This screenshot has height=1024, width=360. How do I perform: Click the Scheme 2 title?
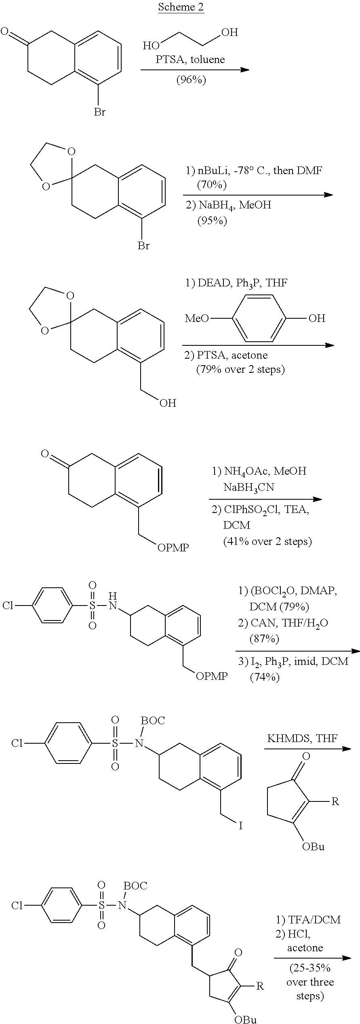[181, 7]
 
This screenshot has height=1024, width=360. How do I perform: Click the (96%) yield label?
[191, 80]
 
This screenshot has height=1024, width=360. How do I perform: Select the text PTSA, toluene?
[190, 59]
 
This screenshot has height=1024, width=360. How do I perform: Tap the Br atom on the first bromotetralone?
[99, 112]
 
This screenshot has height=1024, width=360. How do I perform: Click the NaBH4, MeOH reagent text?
[228, 205]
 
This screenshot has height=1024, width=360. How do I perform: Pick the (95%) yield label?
[212, 221]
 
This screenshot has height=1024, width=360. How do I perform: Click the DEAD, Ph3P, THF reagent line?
[236, 283]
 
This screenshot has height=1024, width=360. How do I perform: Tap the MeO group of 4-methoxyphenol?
[197, 318]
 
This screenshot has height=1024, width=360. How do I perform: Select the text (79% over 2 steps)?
[240, 369]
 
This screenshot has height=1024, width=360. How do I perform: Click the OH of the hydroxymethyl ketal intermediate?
[168, 403]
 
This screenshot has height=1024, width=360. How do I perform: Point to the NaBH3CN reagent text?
[248, 488]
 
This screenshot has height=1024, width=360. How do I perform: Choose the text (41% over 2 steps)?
[267, 541]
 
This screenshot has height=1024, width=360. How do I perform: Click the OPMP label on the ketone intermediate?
[173, 548]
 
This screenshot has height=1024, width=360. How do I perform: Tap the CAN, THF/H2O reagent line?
[283, 623]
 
